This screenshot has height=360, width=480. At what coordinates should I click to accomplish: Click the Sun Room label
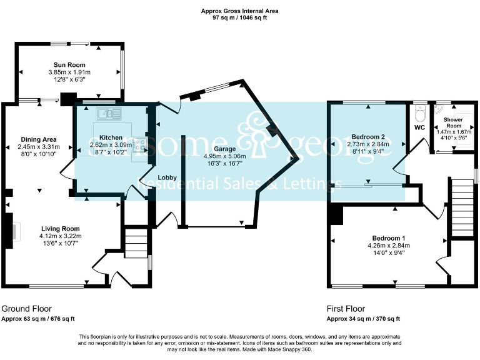pyautogui.click(x=69, y=65)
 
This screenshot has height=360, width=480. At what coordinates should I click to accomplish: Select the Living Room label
pyautogui.click(x=61, y=228)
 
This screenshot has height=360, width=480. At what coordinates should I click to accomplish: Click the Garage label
pyautogui.click(x=225, y=149)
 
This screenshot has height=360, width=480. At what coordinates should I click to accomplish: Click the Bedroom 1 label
pyautogui.click(x=389, y=237)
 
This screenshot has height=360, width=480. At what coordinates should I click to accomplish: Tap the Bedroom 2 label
pyautogui.click(x=367, y=136)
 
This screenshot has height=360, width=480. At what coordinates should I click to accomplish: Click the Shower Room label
pyautogui.click(x=453, y=122)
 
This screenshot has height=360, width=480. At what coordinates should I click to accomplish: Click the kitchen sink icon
pyautogui.click(x=109, y=113)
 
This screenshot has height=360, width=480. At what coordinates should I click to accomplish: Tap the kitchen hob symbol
pyautogui.click(x=139, y=146)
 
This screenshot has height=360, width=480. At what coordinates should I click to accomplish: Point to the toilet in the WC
pyautogui.click(x=420, y=114)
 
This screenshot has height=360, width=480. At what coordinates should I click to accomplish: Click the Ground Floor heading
pyautogui.click(x=26, y=309)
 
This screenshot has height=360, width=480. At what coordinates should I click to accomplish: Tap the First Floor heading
pyautogui.click(x=346, y=309)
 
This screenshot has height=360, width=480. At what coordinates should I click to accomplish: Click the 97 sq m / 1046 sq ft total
pyautogui.click(x=240, y=17)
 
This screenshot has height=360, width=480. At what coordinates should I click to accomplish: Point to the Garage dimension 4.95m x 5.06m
pyautogui.click(x=225, y=156)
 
